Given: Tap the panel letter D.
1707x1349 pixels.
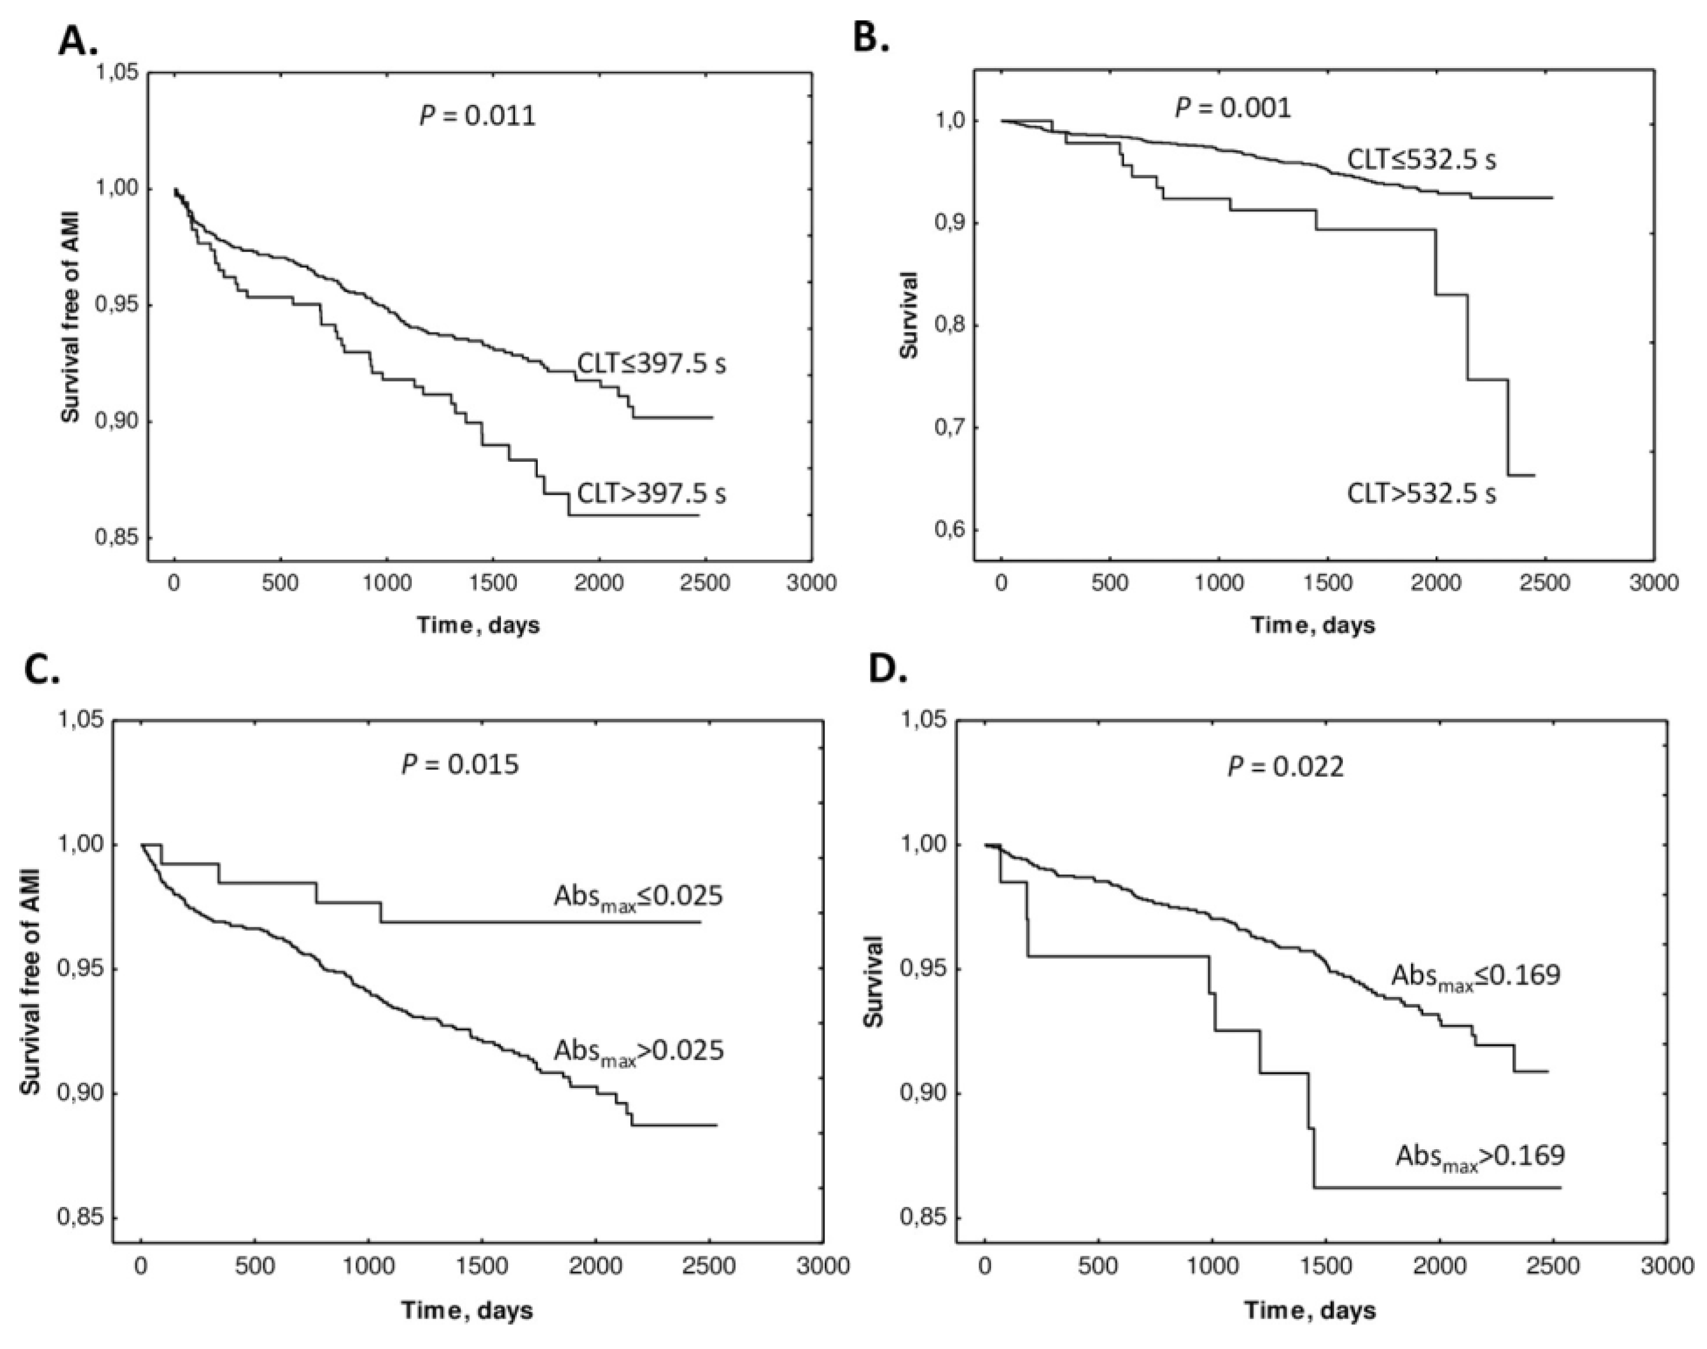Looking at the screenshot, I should click(888, 670).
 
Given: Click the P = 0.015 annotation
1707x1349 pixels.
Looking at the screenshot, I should click(460, 765).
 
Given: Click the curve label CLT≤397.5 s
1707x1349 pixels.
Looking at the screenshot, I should click(651, 364).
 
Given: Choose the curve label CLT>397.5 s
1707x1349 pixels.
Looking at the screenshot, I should click(651, 493).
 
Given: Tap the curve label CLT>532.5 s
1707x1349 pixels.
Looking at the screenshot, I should click(1421, 495).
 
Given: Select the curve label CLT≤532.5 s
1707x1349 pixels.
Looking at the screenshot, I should click(1421, 160).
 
